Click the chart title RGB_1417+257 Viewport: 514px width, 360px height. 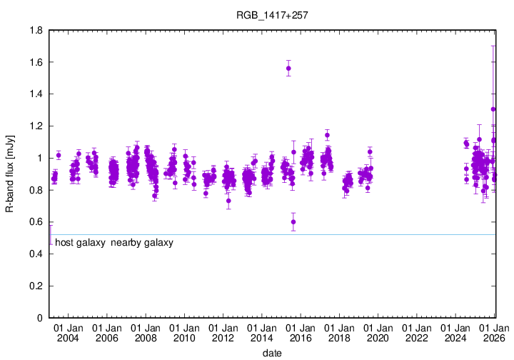tap(272, 14)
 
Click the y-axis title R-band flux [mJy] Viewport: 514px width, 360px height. tap(9, 174)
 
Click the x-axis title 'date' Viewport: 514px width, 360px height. tap(272, 353)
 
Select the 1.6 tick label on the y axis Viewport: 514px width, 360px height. tap(34, 62)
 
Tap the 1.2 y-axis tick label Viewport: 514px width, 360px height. tap(34, 126)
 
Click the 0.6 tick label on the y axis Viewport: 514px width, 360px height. tap(34, 222)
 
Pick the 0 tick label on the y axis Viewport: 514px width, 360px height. tap(39, 318)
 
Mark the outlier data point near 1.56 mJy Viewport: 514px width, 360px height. tap(288, 69)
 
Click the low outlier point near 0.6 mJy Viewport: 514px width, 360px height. tap(293, 222)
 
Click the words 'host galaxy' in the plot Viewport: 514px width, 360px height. tap(80, 243)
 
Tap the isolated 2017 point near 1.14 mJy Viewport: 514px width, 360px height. tap(327, 135)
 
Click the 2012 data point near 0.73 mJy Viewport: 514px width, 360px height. tap(228, 201)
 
